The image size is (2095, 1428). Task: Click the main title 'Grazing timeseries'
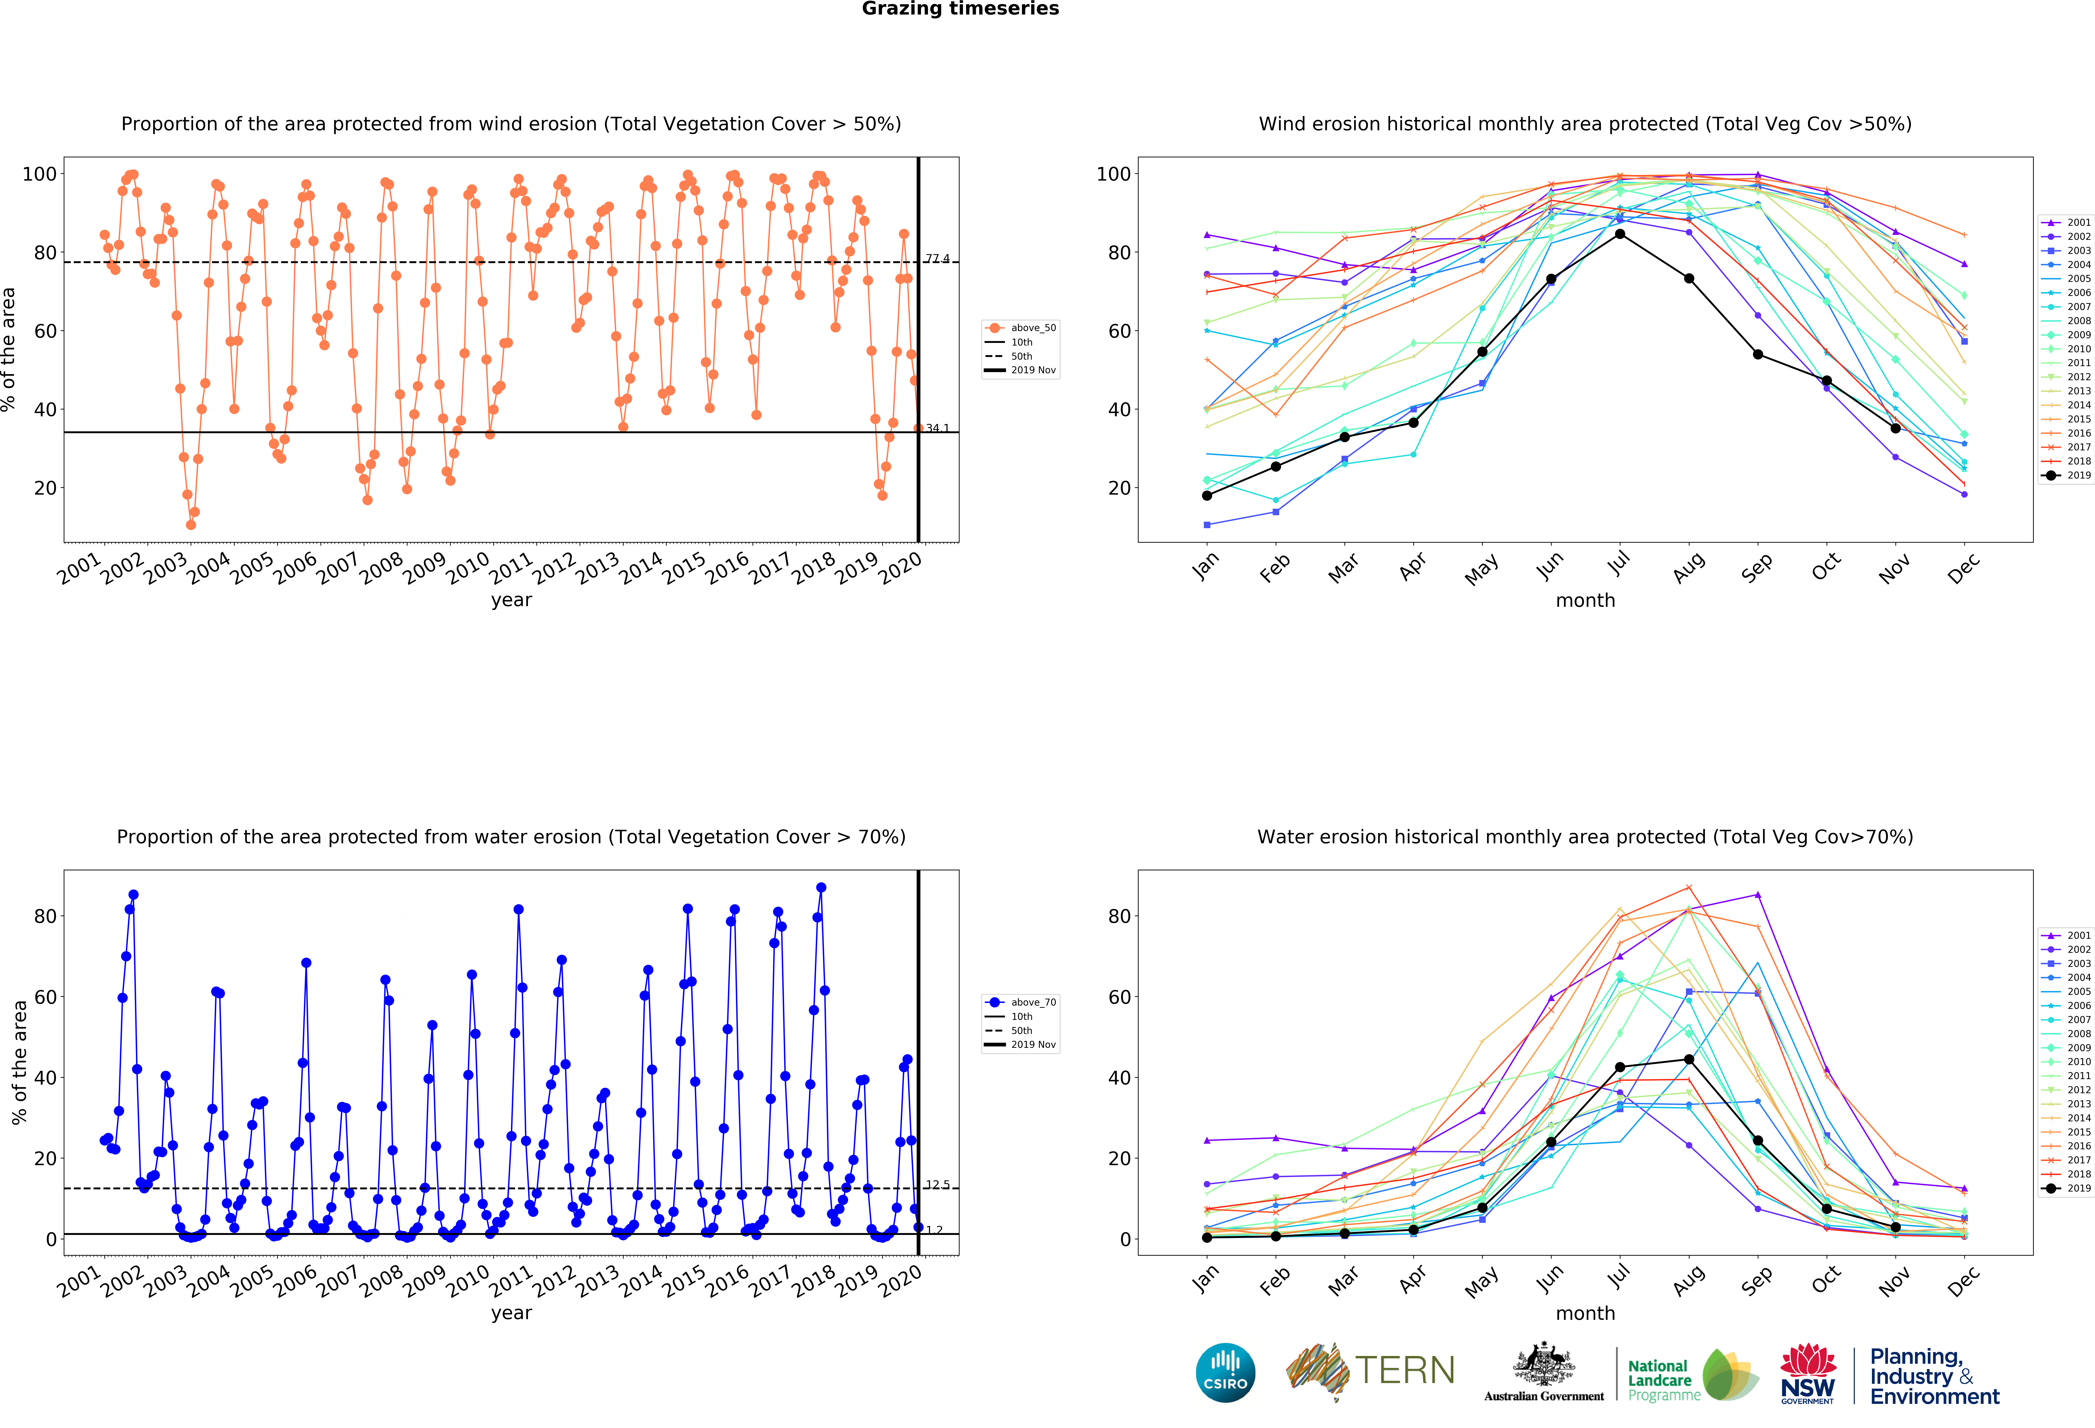pyautogui.click(x=960, y=9)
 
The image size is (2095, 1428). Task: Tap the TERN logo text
pyautogui.click(x=1405, y=1370)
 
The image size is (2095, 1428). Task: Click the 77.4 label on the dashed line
pyautogui.click(x=937, y=259)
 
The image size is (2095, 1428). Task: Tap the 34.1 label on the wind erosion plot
pyautogui.click(x=937, y=428)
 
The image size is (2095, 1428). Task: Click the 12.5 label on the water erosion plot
pyautogui.click(x=937, y=1185)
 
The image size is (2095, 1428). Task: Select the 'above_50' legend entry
pyautogui.click(x=1021, y=328)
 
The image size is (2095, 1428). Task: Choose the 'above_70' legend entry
pyautogui.click(x=1021, y=1002)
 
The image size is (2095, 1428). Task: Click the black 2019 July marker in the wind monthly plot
pyautogui.click(x=1620, y=234)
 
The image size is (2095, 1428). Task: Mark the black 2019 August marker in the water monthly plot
pyautogui.click(x=1688, y=1059)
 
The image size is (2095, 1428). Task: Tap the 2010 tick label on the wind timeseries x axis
pyautogui.click(x=468, y=569)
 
